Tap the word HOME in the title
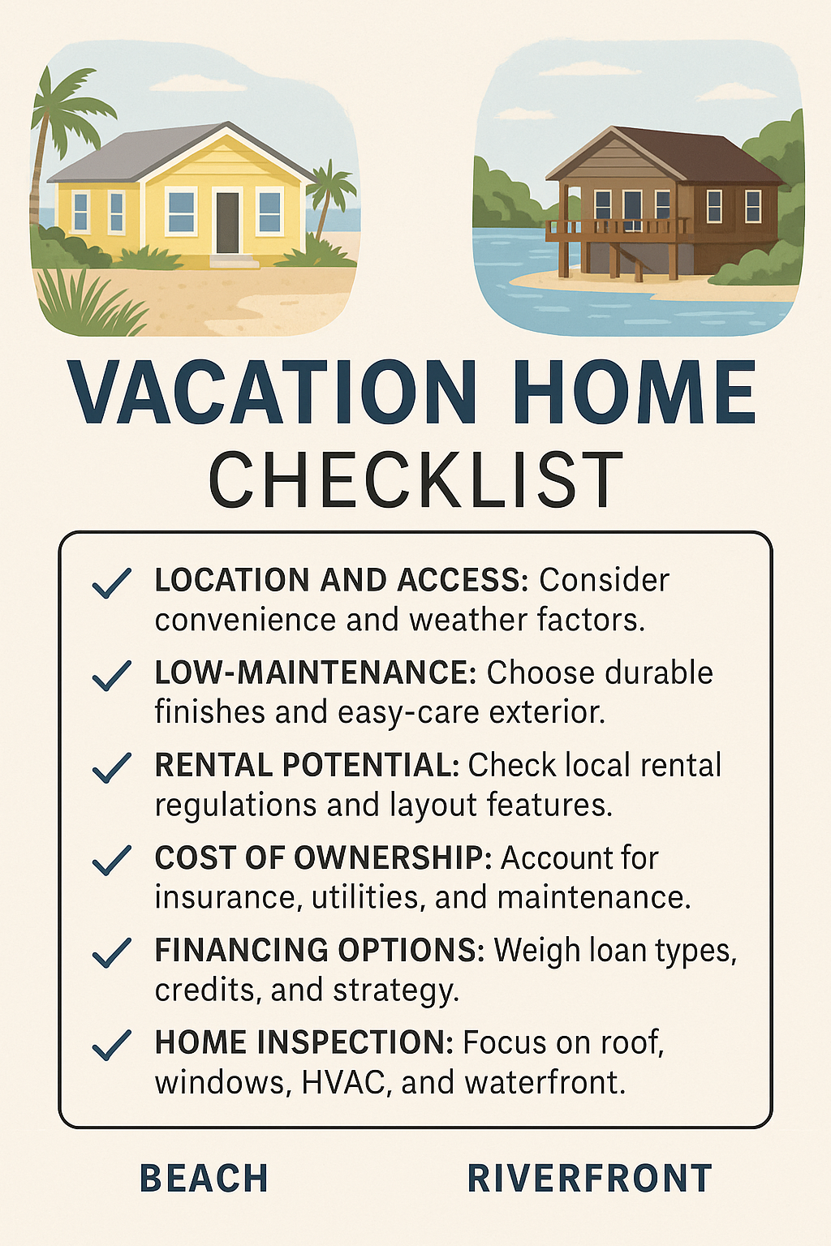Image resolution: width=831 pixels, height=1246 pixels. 635,393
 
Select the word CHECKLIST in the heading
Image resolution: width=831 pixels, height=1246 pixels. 415,480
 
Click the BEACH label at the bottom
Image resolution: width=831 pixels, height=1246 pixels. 204,1179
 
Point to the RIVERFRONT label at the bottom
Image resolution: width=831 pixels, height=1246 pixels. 590,1179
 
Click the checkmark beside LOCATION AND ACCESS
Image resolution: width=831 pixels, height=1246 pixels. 112,583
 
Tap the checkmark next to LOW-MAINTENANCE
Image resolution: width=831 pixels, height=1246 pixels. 112,676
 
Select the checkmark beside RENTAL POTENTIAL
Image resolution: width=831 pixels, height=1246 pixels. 112,768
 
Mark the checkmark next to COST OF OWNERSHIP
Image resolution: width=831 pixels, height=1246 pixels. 112,861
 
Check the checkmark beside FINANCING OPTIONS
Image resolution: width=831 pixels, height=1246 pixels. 112,953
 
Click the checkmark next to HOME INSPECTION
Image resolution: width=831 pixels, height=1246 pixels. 112,1046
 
